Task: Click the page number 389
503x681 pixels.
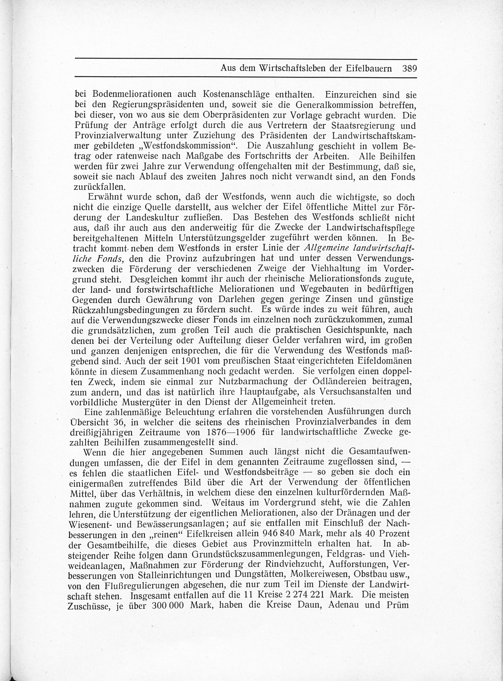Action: coord(409,68)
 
